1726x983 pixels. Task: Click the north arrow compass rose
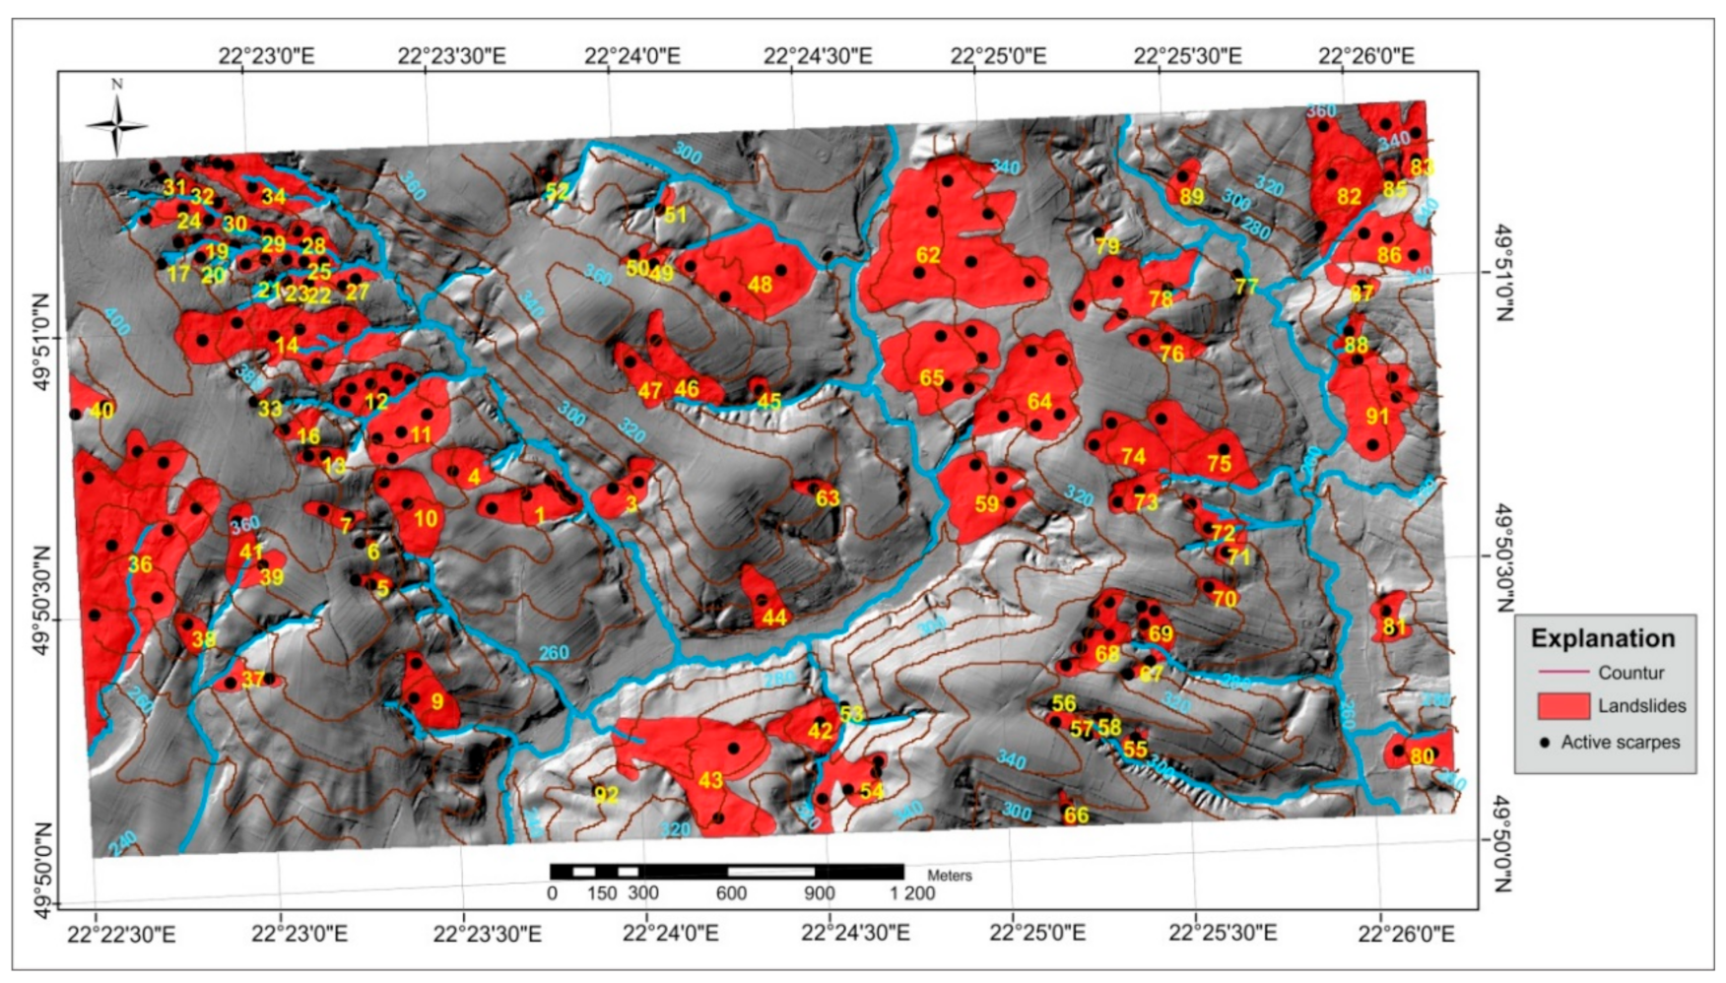click(x=116, y=125)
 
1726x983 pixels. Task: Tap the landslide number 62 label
click(x=928, y=255)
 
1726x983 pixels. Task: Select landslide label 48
click(x=760, y=285)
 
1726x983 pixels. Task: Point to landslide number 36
click(x=140, y=564)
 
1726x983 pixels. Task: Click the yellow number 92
click(x=606, y=794)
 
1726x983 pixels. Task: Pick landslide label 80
click(x=1422, y=756)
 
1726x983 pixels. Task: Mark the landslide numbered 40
click(x=101, y=411)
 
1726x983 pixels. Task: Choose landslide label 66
click(x=1076, y=816)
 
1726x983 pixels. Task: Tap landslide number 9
click(x=437, y=702)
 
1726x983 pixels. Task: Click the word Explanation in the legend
click(x=1603, y=638)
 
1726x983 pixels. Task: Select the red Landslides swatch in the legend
click(x=1563, y=705)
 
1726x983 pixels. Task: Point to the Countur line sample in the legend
click(x=1563, y=673)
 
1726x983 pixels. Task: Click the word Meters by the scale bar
click(x=950, y=875)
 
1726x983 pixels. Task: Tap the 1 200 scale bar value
click(x=912, y=893)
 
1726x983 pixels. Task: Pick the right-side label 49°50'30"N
click(x=1503, y=557)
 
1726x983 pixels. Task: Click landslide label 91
click(x=1377, y=417)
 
